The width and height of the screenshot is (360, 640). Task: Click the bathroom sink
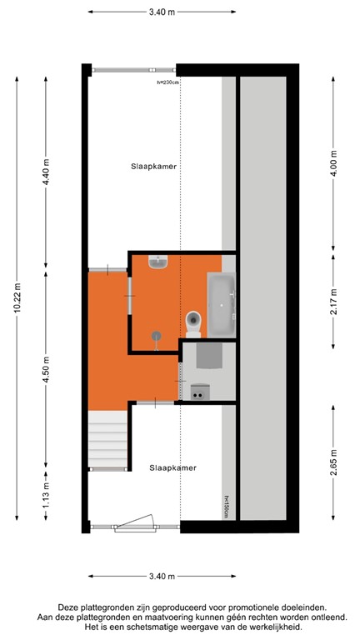point(157,262)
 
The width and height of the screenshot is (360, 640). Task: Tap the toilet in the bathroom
point(193,319)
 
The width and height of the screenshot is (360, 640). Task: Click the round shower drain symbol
point(155,335)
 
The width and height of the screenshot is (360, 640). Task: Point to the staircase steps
point(106,441)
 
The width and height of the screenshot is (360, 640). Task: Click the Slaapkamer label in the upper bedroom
point(154,166)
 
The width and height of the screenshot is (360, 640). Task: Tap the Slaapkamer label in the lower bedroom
point(173,467)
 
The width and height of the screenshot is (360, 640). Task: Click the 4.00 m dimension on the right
point(333,165)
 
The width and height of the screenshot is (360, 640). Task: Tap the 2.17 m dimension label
point(333,298)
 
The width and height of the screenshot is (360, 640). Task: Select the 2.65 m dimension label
point(333,461)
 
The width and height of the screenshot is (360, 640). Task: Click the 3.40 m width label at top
point(161,12)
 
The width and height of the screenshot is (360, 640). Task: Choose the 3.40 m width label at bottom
point(161,576)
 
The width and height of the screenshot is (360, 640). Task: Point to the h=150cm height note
point(225,506)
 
